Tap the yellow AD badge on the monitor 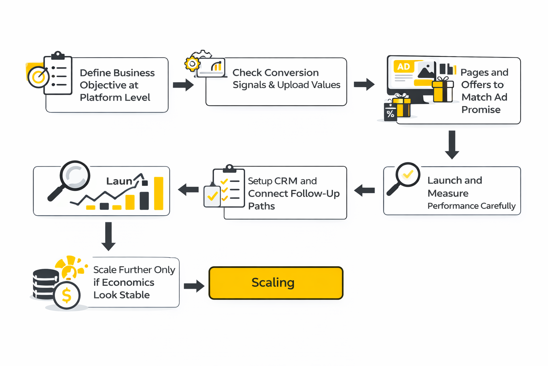[x=404, y=67]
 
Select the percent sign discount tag [x=390, y=113]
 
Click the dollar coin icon [x=67, y=296]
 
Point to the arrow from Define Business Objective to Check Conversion [x=183, y=85]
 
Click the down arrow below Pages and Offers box [x=452, y=145]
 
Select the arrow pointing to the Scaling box [x=194, y=286]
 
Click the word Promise [x=481, y=110]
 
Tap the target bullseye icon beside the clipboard [x=39, y=77]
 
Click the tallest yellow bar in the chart [x=158, y=193]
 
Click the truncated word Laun [x=119, y=182]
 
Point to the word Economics [x=128, y=283]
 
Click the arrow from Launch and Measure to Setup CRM [x=364, y=191]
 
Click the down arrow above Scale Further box [x=108, y=236]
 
